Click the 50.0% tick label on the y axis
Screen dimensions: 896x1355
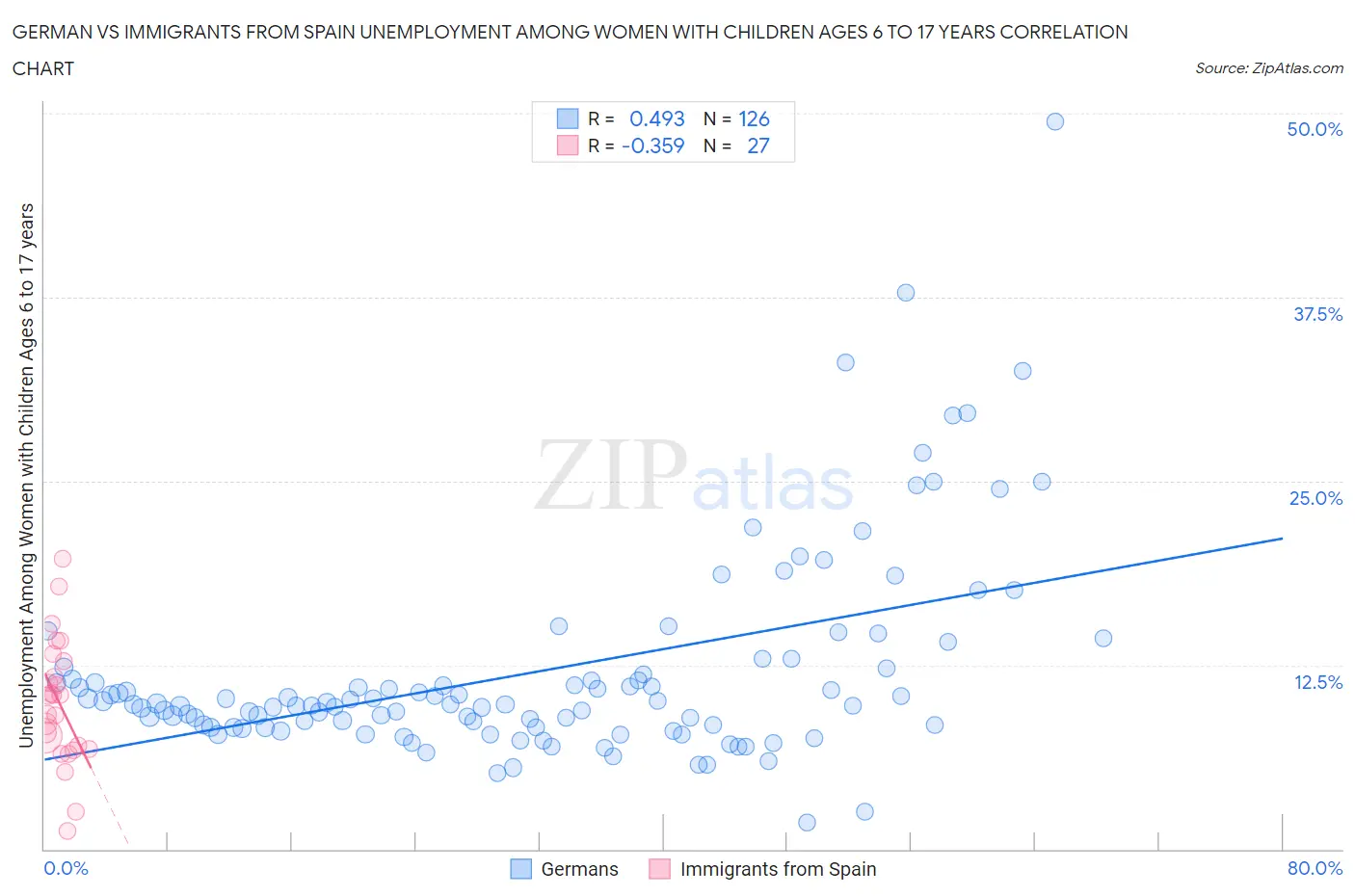coord(1314,129)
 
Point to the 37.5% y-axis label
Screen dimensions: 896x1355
coord(1316,314)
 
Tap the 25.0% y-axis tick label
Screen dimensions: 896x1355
coord(1315,498)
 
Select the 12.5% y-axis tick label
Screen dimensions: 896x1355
coord(1316,682)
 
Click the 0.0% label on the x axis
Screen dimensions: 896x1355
coord(66,868)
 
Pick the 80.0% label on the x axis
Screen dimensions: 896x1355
coord(1315,868)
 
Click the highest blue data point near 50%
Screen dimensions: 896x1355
coord(1054,121)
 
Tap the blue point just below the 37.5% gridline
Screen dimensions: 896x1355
coord(905,293)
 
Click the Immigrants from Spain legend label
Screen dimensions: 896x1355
coord(777,869)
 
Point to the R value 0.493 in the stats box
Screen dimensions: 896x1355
coord(656,119)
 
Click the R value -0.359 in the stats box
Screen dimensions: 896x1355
coord(652,145)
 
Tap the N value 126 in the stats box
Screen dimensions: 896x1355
coord(754,119)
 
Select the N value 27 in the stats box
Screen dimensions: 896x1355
coord(757,145)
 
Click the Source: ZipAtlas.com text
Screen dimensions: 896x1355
coord(1268,68)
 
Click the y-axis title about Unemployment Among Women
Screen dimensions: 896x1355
coord(26,475)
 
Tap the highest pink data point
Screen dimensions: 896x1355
coord(63,559)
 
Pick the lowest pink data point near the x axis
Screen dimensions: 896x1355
coord(67,830)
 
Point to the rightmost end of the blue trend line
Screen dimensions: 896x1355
coord(1282,539)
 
